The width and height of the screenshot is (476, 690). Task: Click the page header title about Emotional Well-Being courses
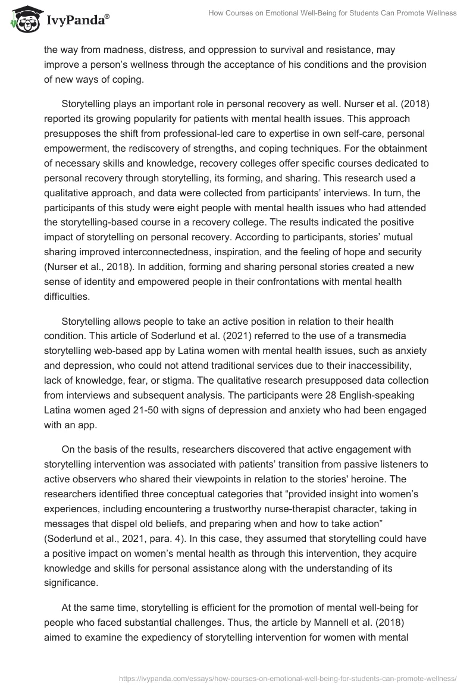tap(333, 13)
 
